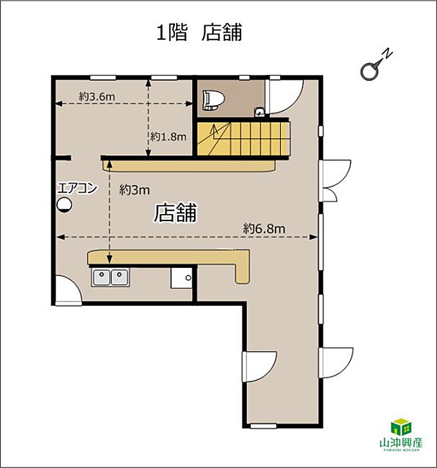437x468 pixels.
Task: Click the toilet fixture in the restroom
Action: [214, 100]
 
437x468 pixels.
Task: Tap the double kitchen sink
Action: [111, 277]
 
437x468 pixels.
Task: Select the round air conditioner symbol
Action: [64, 205]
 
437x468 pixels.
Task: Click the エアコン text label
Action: [77, 188]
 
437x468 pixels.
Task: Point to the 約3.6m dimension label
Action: [97, 97]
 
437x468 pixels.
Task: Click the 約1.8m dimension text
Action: [168, 137]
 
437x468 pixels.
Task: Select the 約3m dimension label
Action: [135, 190]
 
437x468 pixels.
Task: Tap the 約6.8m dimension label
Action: [264, 229]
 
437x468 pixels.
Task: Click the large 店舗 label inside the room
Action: [176, 212]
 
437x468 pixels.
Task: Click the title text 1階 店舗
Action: [199, 32]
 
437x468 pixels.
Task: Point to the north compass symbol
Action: [376, 65]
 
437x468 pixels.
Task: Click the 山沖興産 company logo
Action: [401, 433]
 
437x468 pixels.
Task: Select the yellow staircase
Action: [243, 139]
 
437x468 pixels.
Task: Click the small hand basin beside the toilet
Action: [259, 112]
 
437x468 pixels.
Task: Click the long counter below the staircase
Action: [189, 166]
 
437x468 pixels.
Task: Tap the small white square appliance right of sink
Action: [181, 277]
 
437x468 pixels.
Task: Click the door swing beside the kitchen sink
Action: [68, 289]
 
